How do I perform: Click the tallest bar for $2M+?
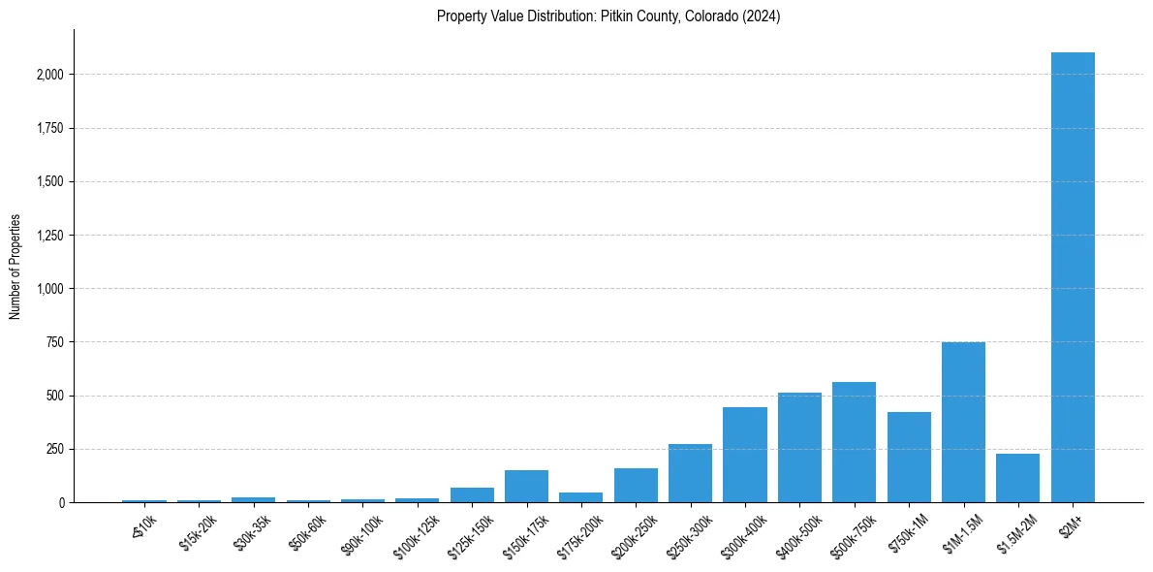point(1073,277)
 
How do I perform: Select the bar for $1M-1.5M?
point(963,422)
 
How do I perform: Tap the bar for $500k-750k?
point(854,442)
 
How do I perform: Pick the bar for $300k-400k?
point(744,455)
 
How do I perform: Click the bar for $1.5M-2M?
point(1017,478)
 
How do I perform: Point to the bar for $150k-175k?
point(526,486)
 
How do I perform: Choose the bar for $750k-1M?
point(909,457)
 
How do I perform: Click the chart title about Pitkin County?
point(608,16)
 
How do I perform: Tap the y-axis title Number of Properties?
point(16,267)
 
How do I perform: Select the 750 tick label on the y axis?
point(54,342)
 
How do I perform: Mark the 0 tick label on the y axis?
point(61,502)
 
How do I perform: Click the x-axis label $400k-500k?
point(800,532)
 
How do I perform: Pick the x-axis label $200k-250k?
point(636,534)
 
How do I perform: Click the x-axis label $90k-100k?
point(362,532)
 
